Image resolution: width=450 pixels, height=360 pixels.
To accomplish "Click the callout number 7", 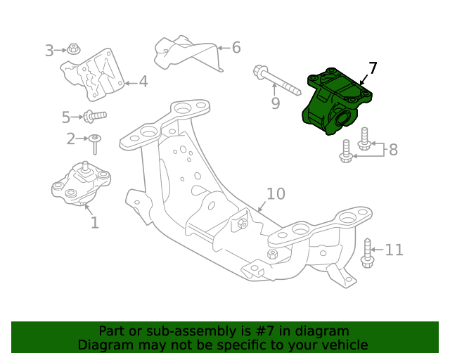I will pyautogui.click(x=373, y=68).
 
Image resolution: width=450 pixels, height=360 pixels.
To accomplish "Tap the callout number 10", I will pyautogui.click(x=275, y=193).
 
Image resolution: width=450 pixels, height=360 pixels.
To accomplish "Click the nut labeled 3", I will pyautogui.click(x=74, y=49).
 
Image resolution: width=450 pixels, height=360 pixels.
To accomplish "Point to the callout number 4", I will pyautogui.click(x=143, y=82).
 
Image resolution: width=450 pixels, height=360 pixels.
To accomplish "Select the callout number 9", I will pyautogui.click(x=275, y=104).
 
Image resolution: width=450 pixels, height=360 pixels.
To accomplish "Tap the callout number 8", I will pyautogui.click(x=393, y=149).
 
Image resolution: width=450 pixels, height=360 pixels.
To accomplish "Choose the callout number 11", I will pyautogui.click(x=394, y=250).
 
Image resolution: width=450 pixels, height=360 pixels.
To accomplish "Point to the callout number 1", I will pyautogui.click(x=94, y=223).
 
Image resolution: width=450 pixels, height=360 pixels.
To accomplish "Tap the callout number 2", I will pyautogui.click(x=71, y=139).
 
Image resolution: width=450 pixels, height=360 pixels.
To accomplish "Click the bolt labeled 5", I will pyautogui.click(x=94, y=115).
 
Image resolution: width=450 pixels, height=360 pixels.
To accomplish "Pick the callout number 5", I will pyautogui.click(x=66, y=117).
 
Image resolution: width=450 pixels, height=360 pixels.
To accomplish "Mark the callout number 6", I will pyautogui.click(x=236, y=48).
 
